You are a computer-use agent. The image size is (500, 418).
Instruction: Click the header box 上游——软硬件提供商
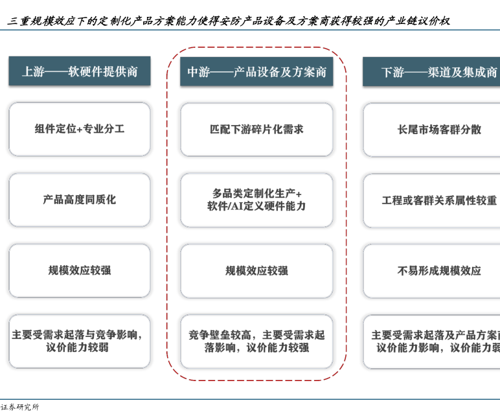pyautogui.click(x=80, y=71)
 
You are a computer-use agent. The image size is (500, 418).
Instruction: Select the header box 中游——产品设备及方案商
pyautogui.click(x=256, y=72)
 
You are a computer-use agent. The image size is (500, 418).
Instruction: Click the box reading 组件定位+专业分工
pyautogui.click(x=80, y=129)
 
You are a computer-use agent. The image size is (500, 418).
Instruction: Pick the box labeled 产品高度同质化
pyautogui.click(x=80, y=200)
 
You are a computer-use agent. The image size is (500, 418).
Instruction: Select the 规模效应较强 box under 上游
pyautogui.click(x=80, y=270)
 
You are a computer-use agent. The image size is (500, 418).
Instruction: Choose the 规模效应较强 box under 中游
pyautogui.click(x=256, y=271)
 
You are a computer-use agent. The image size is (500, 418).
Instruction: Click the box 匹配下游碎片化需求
pyautogui.click(x=256, y=130)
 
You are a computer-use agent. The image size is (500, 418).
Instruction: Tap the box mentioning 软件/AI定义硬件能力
pyautogui.click(x=256, y=200)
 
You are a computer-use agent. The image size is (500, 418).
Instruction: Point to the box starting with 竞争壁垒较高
pyautogui.click(x=256, y=341)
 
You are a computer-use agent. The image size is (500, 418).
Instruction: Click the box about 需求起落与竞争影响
pyautogui.click(x=80, y=341)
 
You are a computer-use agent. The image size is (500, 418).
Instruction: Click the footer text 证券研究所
pyautogui.click(x=20, y=407)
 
